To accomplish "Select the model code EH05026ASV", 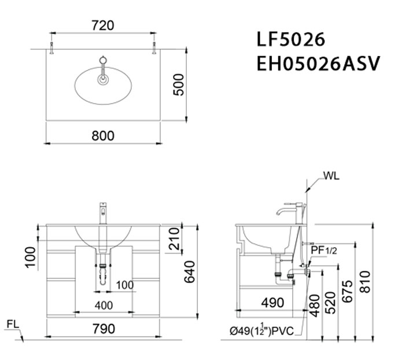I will (318, 63).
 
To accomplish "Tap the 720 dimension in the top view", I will (103, 25).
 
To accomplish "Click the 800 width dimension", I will (103, 135).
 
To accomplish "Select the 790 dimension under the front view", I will (103, 329).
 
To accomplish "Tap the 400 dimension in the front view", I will (104, 305).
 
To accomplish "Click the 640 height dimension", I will (188, 270).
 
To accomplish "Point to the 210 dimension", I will (174, 238).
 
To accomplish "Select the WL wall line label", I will (332, 175).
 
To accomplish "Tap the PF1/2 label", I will (323, 250).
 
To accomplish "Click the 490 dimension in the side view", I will (272, 303).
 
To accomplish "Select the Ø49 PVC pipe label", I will (263, 331).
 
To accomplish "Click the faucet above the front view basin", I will (104, 212).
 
